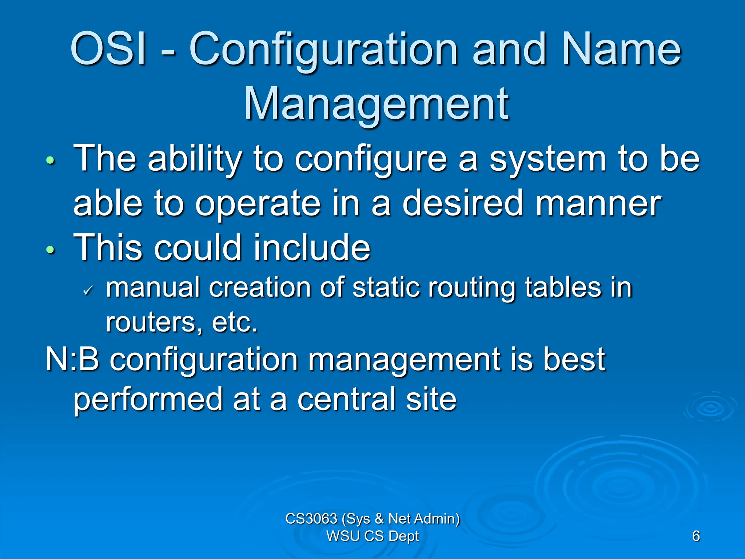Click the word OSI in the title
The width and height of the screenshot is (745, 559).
(x=108, y=49)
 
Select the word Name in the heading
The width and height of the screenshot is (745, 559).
(x=621, y=49)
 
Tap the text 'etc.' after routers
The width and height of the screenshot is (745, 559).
(x=234, y=322)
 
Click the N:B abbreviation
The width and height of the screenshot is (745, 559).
(x=72, y=360)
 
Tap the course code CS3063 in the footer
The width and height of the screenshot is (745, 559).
(x=311, y=519)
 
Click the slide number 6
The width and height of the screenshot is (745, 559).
(x=696, y=536)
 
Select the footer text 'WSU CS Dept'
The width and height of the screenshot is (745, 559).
(x=372, y=536)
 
